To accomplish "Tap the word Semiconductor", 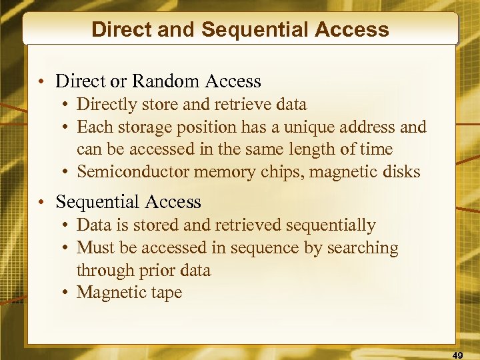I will click(133, 172).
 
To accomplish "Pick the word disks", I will click(403, 172).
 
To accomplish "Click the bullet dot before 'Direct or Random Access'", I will click(41, 82).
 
